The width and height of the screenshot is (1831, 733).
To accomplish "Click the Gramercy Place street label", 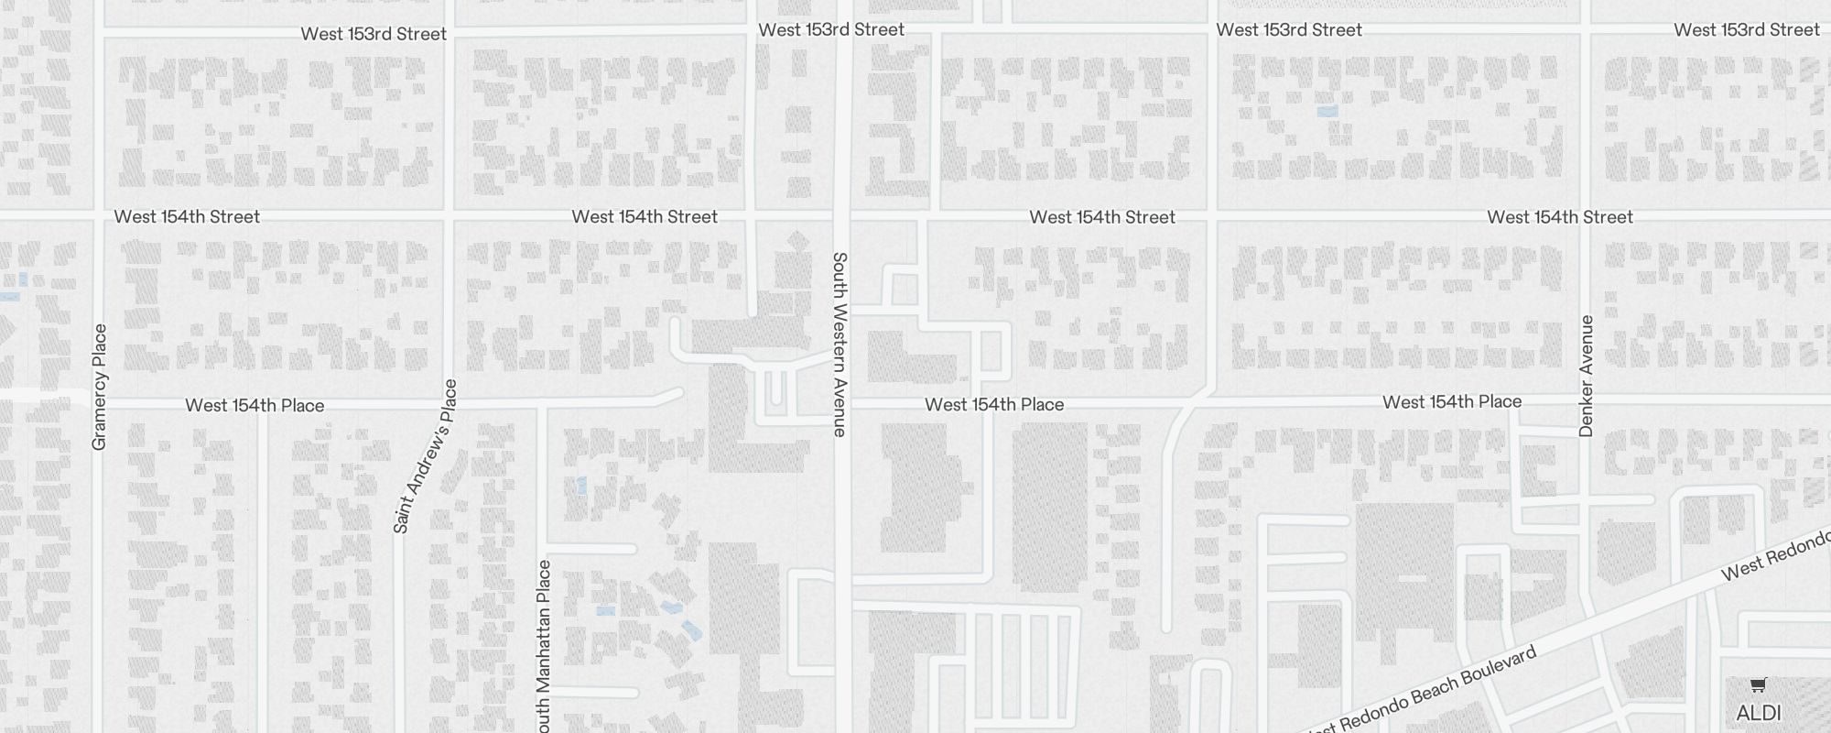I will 100,387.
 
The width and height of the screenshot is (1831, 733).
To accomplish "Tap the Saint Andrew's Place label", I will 424,455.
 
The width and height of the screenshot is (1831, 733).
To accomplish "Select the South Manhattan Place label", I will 544,646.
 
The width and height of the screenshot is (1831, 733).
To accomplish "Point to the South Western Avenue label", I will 840,344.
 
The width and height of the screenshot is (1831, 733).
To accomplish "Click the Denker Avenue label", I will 1587,376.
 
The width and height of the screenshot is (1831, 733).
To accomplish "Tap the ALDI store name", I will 1758,713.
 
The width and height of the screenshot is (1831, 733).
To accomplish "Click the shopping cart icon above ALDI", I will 1758,685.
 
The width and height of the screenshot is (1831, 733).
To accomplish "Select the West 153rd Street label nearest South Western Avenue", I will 831,29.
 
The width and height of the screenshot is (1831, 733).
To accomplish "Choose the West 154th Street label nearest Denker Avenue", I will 1560,217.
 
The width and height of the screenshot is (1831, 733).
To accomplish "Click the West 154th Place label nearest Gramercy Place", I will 255,405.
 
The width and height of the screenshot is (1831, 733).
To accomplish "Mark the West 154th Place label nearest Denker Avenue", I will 1452,402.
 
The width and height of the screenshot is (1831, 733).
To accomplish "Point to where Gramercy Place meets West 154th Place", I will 100,403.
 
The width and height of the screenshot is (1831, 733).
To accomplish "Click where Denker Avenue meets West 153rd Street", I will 1587,32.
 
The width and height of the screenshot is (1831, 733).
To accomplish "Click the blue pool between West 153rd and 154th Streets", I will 1327,111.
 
